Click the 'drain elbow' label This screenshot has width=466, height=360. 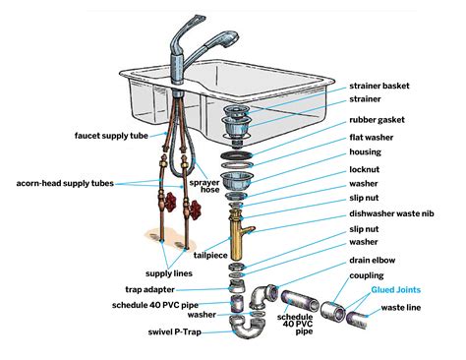378,259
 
